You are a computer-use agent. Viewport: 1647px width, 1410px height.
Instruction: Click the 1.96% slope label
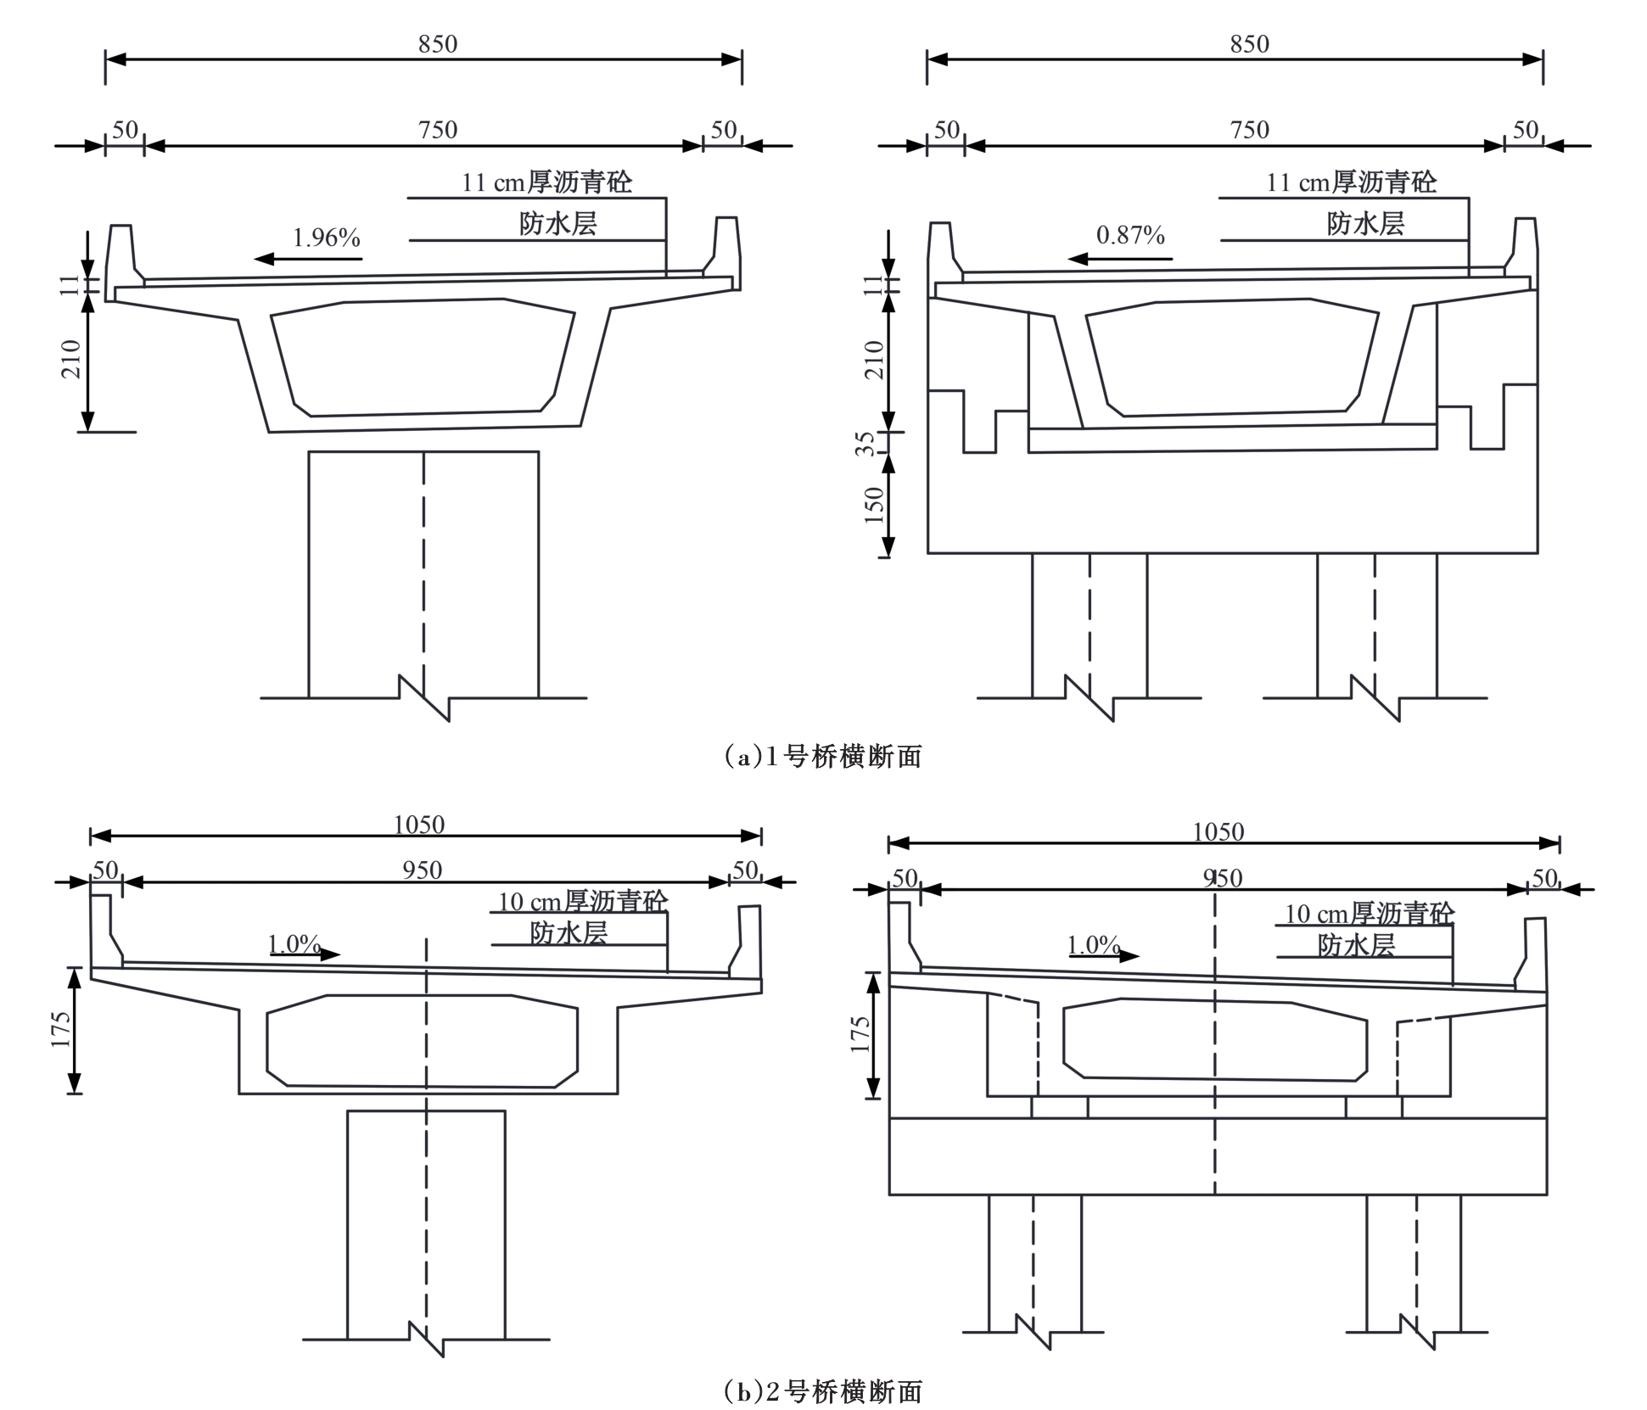pos(327,238)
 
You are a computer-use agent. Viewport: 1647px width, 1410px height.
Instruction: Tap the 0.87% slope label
pos(1130,236)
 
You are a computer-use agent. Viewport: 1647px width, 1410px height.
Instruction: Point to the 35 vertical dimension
pos(866,444)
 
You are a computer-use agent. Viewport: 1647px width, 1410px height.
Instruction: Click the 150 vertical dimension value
pos(874,506)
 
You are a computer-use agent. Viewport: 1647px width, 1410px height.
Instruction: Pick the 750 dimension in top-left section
pos(438,130)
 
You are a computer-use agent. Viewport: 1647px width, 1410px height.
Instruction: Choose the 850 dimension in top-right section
pos(1250,44)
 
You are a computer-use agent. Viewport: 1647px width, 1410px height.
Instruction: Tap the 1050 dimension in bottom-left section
pos(419,825)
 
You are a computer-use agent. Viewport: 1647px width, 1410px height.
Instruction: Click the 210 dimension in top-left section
pos(71,359)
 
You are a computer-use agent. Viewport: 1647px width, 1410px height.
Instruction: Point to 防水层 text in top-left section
pos(558,224)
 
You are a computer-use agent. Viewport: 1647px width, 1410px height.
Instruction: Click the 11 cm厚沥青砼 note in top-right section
pos(1352,182)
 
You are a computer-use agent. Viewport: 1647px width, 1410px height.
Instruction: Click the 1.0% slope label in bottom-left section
pos(294,943)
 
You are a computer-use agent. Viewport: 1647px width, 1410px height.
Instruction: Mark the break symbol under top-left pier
pos(424,698)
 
